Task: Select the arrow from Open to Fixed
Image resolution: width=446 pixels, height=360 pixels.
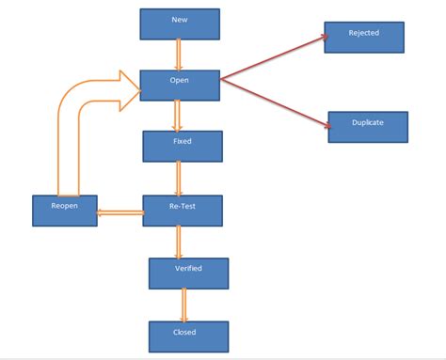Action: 178,115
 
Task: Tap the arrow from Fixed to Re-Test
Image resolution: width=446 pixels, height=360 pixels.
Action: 179,178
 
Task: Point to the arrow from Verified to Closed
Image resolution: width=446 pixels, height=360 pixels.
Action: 183,304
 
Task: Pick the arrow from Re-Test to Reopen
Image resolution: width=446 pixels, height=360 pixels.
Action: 119,212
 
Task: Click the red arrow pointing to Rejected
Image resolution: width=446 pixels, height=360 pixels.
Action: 273,58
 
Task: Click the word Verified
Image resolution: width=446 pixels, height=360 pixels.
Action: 189,268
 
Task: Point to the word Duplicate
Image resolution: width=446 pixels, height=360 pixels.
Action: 368,122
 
